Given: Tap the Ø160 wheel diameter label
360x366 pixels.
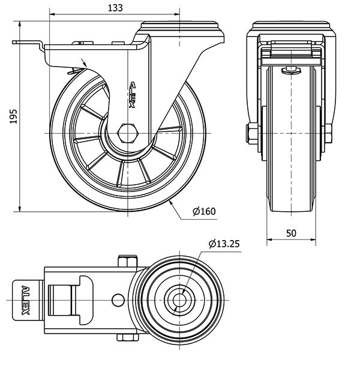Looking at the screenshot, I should coord(204,211).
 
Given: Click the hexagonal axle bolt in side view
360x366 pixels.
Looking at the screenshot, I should coord(128,132).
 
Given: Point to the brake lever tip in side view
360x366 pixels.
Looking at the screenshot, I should coord(18,43).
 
